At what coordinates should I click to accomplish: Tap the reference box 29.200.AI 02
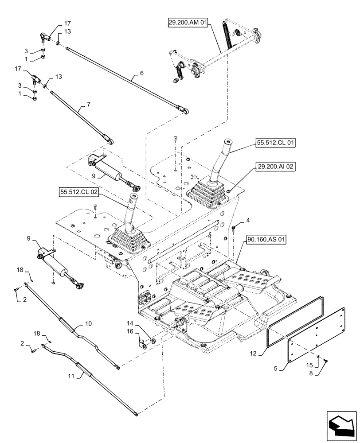click(274, 167)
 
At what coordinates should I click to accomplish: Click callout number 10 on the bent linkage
click(88, 324)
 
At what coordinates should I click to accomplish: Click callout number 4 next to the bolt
click(248, 220)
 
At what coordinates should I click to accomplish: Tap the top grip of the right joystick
click(227, 142)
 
